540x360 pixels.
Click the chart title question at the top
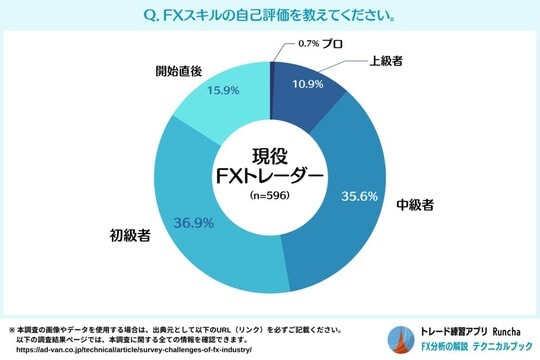tap(269, 16)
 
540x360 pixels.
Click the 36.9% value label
tap(194, 221)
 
